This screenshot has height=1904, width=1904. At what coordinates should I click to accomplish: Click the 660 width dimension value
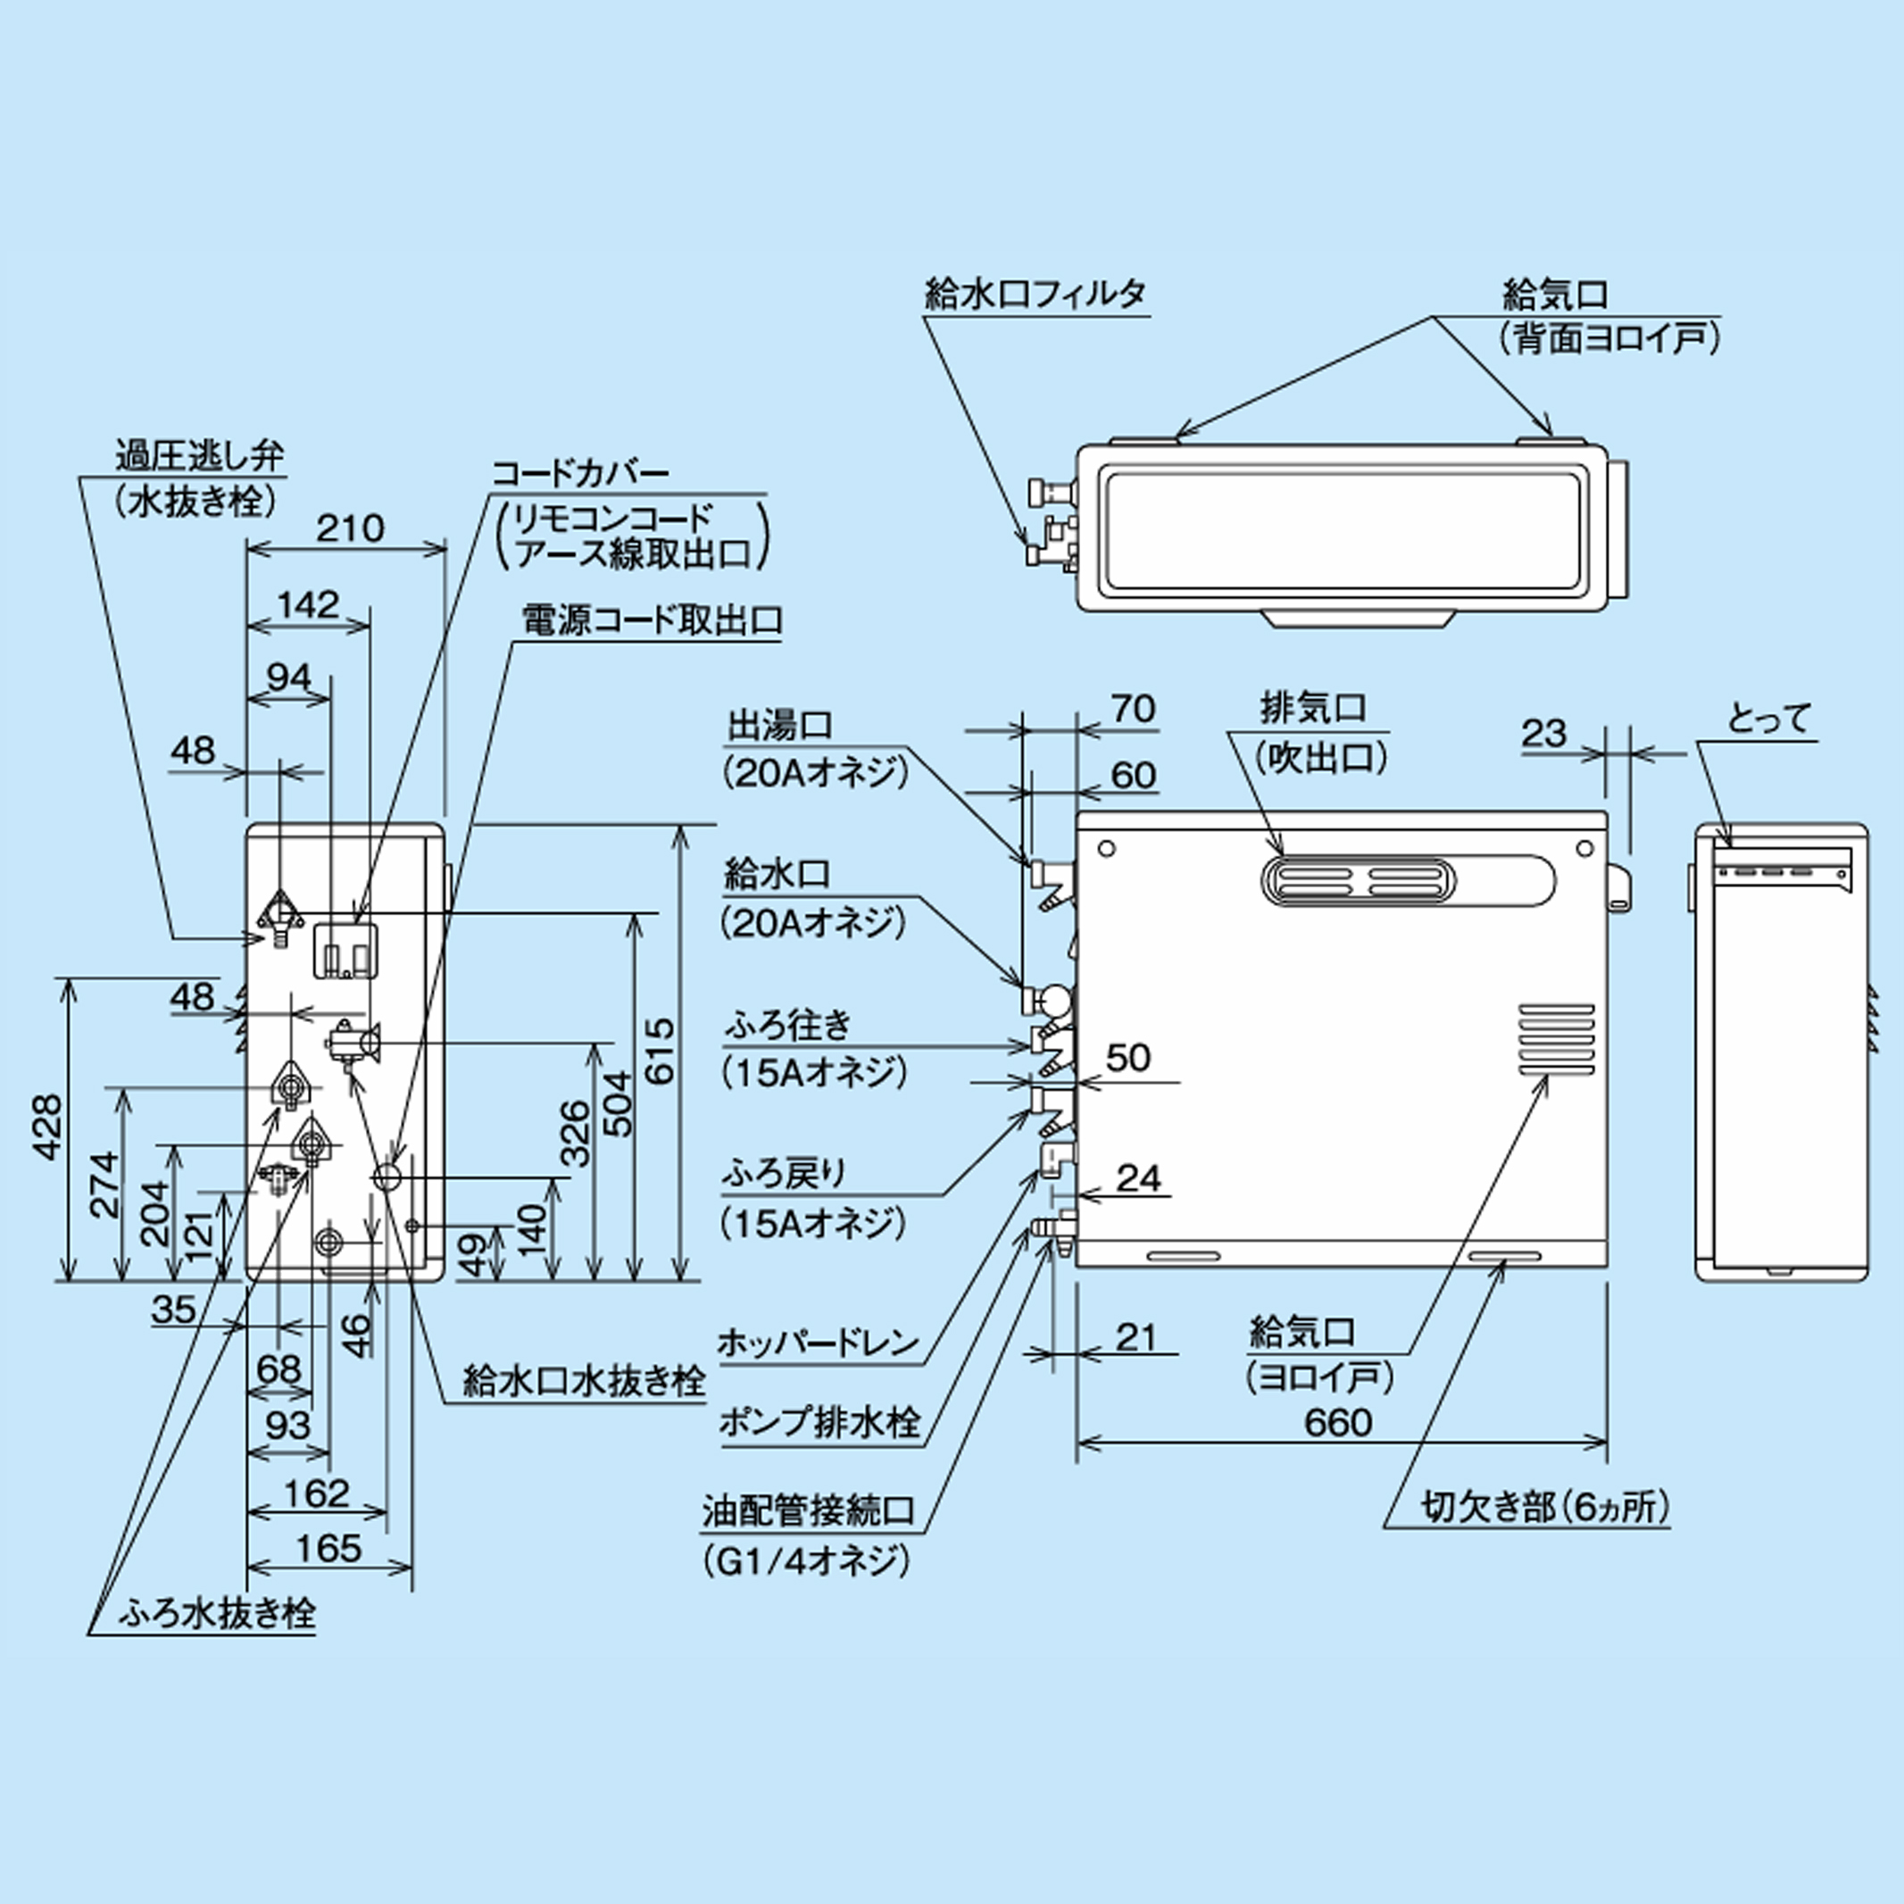pos(1337,1422)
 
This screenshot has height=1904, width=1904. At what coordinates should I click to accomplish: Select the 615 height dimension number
pos(660,1052)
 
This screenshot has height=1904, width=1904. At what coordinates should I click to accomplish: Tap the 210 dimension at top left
pos(350,528)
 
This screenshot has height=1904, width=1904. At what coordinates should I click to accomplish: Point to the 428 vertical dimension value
pos(46,1127)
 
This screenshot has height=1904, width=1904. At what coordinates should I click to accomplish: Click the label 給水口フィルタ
pos(1035,295)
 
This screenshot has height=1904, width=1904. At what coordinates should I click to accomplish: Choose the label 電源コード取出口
pos(653,619)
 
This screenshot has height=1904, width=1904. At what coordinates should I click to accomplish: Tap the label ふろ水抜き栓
pos(217,1613)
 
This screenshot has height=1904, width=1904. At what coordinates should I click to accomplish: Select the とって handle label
pos(1769,719)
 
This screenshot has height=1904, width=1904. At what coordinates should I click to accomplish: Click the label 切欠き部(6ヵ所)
pos(1545,1507)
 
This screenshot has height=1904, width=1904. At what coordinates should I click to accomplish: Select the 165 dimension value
pos(328,1548)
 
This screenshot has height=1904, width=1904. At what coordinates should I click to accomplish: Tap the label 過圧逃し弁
pos(200,456)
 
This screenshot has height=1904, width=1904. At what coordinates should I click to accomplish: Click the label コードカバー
pos(580,472)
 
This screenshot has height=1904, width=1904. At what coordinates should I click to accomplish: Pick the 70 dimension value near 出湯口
pos(1134,709)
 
